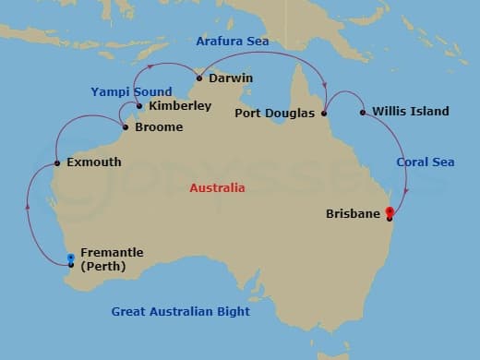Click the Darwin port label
231,78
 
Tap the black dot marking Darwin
199,78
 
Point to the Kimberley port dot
139,106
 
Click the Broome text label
159,127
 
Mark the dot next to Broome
126,127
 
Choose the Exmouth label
94,162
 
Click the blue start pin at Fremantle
71,258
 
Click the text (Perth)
103,267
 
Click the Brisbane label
354,214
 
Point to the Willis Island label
412,113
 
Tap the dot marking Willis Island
363,113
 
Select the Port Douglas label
275,114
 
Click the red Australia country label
217,188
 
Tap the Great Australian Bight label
181,312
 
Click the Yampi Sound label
131,92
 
